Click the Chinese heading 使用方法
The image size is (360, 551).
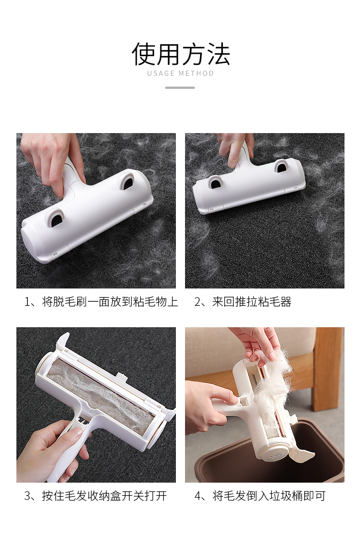pos(181,54)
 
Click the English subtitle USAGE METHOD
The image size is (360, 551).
pos(180,73)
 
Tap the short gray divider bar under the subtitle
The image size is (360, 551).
pos(180,88)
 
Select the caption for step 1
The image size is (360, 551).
pos(101,302)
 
